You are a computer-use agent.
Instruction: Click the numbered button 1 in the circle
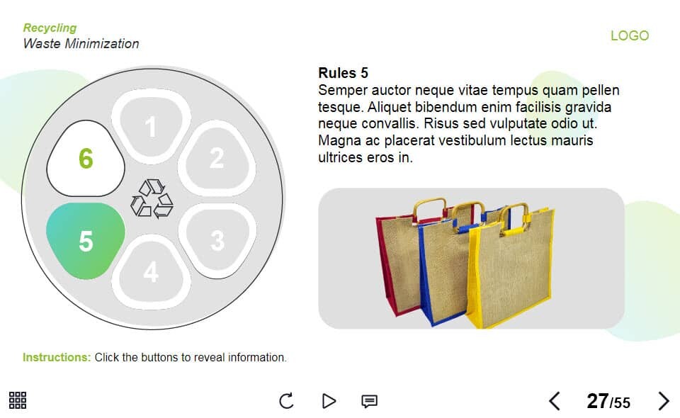(x=151, y=126)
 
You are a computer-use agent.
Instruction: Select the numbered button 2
(x=217, y=158)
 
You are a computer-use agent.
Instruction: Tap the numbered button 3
(x=217, y=240)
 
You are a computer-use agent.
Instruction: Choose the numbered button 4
(x=151, y=272)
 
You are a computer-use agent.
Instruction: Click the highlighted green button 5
(x=86, y=240)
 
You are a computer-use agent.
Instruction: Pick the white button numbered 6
(x=86, y=158)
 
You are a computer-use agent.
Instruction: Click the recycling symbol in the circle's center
(x=152, y=198)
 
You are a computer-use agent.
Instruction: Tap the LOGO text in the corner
(x=630, y=35)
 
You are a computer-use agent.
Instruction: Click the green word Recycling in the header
(x=50, y=28)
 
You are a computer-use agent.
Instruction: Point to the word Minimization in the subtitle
(x=102, y=43)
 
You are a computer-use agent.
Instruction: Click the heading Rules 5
(x=343, y=73)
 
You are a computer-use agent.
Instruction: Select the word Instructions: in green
(x=57, y=357)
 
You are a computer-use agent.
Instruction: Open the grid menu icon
(x=18, y=400)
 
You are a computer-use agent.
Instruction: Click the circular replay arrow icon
(x=286, y=401)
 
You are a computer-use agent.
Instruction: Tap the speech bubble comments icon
(x=370, y=401)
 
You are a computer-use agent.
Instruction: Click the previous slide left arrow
(x=555, y=401)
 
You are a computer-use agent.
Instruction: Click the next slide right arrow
(x=664, y=401)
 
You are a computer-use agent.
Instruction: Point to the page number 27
(x=598, y=401)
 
